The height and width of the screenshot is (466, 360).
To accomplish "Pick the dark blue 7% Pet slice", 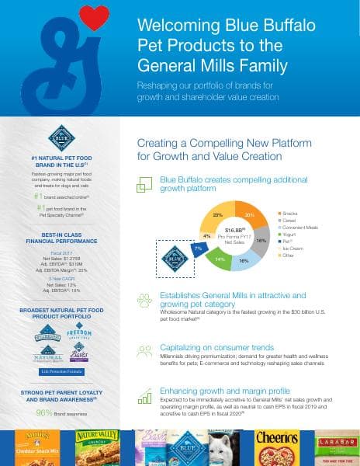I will coord(199,247).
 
